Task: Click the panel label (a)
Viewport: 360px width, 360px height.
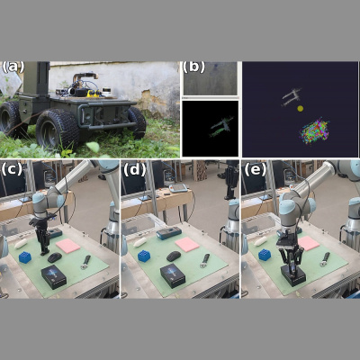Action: click(x=13, y=67)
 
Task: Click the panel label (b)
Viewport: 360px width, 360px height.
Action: click(x=193, y=67)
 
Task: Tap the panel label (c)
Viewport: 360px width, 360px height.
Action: click(x=12, y=169)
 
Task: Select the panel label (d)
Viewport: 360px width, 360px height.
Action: click(x=135, y=170)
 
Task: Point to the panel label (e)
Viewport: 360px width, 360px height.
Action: click(x=255, y=170)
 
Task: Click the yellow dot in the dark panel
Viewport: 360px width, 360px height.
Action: click(x=300, y=109)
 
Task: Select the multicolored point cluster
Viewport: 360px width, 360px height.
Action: click(x=314, y=131)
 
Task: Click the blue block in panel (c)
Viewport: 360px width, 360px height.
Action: click(x=25, y=257)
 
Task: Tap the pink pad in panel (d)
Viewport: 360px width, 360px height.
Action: click(x=187, y=244)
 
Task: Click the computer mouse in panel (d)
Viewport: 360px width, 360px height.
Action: click(x=174, y=256)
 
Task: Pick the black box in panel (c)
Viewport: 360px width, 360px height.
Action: click(x=54, y=276)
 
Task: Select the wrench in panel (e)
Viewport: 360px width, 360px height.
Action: click(x=325, y=259)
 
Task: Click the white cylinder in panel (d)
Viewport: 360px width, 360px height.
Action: click(x=140, y=242)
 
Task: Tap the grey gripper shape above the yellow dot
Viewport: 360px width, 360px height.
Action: click(x=291, y=97)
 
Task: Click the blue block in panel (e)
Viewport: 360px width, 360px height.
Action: click(x=265, y=255)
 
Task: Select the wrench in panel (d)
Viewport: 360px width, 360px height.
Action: click(x=205, y=261)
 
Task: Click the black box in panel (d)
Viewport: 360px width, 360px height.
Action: click(x=173, y=276)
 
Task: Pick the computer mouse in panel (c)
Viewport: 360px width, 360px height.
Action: click(x=55, y=257)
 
